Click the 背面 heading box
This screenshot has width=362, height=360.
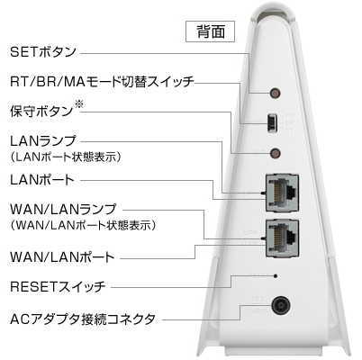tap(210, 31)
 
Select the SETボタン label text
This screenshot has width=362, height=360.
tap(43, 52)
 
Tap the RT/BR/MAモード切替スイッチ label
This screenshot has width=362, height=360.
tap(102, 82)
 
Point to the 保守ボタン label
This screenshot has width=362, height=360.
tap(41, 112)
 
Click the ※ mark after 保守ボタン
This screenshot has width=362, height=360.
tap(79, 104)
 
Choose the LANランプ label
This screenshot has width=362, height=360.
tap(43, 141)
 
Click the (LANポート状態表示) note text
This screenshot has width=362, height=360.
tap(66, 157)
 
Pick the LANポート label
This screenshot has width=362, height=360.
tap(42, 180)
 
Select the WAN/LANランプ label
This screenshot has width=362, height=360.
tap(63, 210)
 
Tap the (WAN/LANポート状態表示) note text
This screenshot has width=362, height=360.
tap(83, 225)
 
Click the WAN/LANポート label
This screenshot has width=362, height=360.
tap(62, 257)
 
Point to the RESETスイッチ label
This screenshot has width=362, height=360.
tap(58, 286)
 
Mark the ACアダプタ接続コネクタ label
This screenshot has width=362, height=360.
tap(83, 319)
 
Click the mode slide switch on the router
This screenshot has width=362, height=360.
tap(273, 122)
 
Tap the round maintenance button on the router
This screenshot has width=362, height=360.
tap(275, 153)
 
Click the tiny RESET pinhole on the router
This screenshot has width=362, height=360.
tap(276, 275)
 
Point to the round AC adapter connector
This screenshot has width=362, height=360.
tap(281, 306)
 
